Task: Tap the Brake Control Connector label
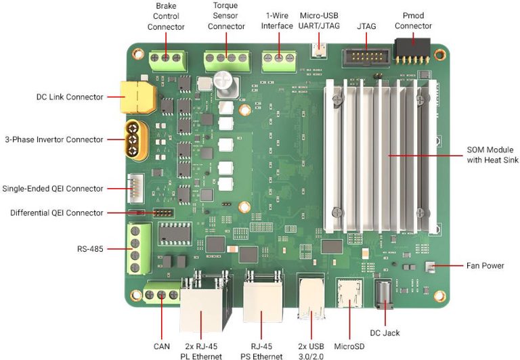pyautogui.click(x=166, y=16)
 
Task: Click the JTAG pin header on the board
pyautogui.click(x=363, y=55)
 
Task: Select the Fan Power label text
pyautogui.click(x=485, y=265)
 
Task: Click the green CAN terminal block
pyautogui.click(x=162, y=295)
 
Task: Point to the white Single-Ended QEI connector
pyautogui.click(x=134, y=189)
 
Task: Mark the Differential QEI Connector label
pyautogui.click(x=57, y=212)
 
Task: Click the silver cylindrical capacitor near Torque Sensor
pyautogui.click(x=224, y=83)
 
